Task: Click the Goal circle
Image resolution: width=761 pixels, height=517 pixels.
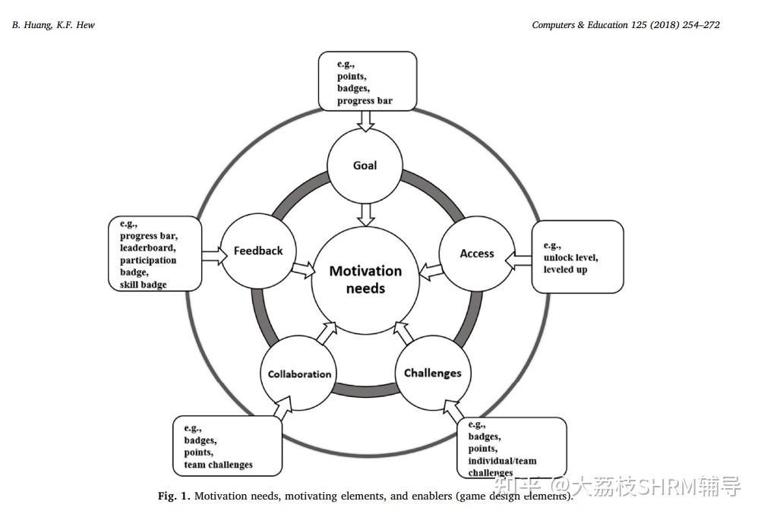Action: click(365, 166)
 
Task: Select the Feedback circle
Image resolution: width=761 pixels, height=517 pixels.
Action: click(258, 251)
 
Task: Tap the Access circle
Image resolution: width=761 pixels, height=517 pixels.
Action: click(477, 254)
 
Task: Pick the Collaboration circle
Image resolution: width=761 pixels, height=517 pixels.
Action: click(299, 374)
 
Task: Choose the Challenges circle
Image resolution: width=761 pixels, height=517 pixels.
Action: click(433, 373)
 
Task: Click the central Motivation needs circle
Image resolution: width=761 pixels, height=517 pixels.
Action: click(365, 279)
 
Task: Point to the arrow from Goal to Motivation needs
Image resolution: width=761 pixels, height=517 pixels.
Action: click(366, 214)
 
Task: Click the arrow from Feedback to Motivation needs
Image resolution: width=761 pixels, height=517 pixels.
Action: click(304, 269)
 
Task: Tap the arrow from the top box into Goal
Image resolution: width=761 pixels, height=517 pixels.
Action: click(366, 119)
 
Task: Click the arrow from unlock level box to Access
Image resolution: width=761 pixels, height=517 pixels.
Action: click(519, 261)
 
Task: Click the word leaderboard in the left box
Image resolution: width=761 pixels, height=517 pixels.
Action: click(148, 247)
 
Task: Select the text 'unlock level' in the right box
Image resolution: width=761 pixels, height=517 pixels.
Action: click(570, 257)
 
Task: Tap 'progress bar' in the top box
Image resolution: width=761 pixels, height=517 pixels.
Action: click(365, 100)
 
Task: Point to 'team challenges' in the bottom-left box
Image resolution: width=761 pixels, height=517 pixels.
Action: click(218, 465)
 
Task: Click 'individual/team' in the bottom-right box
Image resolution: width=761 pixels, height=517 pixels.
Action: click(502, 461)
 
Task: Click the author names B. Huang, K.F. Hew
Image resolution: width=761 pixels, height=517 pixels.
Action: click(53, 25)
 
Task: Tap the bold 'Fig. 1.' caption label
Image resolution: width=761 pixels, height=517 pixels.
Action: click(174, 497)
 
